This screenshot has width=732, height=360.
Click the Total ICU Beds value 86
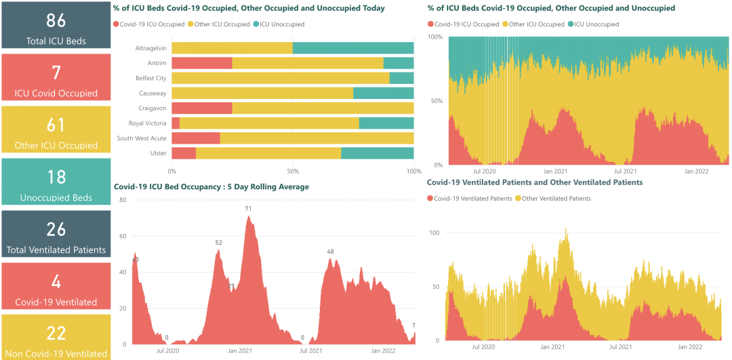pos(56,19)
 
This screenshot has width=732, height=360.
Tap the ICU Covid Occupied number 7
pos(56,73)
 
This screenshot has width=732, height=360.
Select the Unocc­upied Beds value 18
pos(56,177)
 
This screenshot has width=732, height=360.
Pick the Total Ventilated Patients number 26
pos(56,229)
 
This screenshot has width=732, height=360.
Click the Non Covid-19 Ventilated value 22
pos(56,333)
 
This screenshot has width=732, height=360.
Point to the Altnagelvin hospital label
pos(150,48)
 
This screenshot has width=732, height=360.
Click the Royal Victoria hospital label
pos(147,123)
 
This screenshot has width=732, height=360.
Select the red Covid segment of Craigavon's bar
pos(202,108)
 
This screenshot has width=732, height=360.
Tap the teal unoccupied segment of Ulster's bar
pos(377,153)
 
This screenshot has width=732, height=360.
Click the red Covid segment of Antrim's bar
pos(202,63)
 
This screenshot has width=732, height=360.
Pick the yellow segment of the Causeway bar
pos(262,93)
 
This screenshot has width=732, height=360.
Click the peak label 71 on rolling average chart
pos(249,208)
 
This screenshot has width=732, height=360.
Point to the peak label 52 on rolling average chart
pos(219,242)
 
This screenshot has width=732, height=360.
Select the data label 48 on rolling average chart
pos(331,252)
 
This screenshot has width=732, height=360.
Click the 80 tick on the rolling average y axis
pos(123,200)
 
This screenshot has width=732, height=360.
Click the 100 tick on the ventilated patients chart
pos(434,233)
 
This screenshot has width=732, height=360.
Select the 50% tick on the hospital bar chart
pos(293,171)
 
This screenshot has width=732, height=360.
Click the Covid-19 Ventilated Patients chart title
pos(535,182)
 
